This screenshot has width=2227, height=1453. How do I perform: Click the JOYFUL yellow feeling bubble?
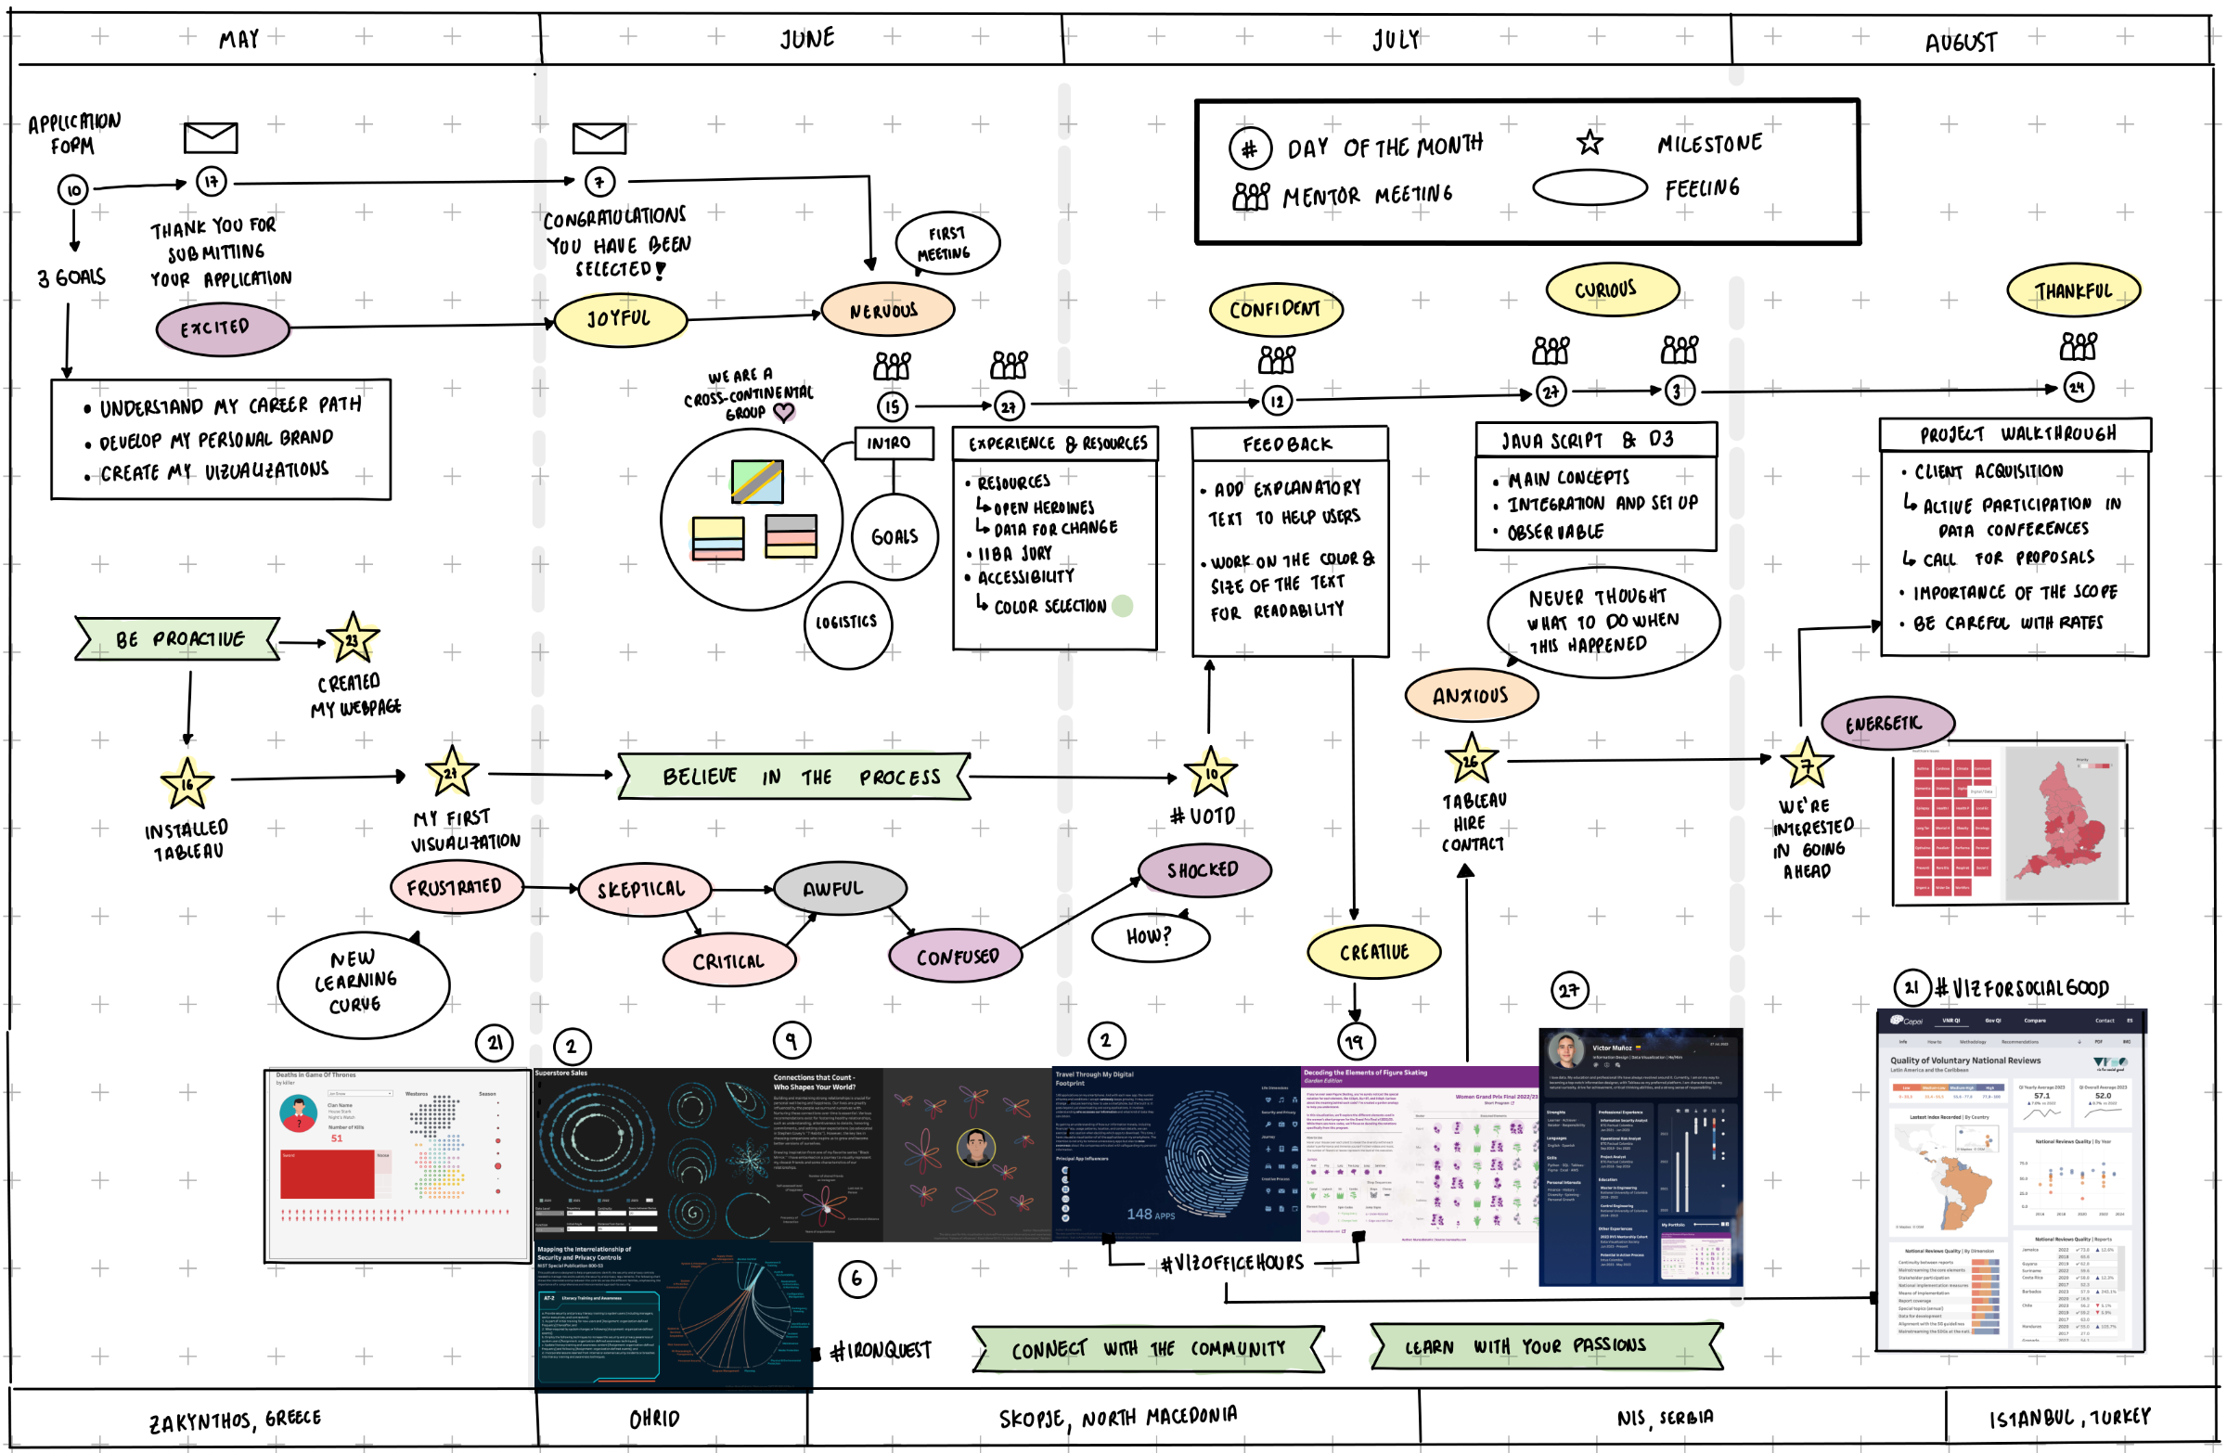tap(620, 319)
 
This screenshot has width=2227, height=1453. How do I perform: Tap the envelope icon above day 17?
tap(211, 137)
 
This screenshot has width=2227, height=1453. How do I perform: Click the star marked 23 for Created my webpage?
tap(353, 639)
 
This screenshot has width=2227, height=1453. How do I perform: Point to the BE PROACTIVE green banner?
tap(178, 639)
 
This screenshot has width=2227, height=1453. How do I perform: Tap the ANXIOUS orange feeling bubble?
tap(1470, 695)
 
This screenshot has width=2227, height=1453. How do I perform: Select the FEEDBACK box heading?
tap(1287, 444)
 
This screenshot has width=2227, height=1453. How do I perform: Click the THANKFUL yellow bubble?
tap(2073, 291)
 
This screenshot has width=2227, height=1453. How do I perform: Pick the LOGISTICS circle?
tap(847, 623)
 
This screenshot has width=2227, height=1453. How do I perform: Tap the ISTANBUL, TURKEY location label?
tap(2069, 1418)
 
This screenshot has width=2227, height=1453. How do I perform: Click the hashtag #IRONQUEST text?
tap(881, 1350)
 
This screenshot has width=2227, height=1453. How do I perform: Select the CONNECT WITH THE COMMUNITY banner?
tap(1148, 1348)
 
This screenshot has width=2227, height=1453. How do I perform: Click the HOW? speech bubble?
tap(1149, 936)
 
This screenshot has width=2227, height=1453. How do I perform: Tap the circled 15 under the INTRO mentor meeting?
tap(892, 406)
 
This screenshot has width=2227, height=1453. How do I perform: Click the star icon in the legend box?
tap(1588, 143)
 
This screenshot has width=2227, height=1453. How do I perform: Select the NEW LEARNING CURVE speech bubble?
tap(362, 983)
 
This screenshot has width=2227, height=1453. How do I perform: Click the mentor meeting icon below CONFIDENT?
tap(1276, 359)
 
